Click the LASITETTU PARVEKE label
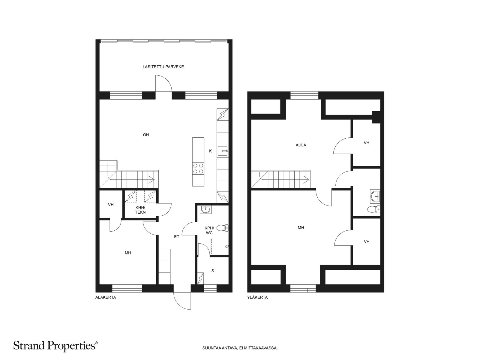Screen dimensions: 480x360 click(163, 67)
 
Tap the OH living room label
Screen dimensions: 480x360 click(146, 135)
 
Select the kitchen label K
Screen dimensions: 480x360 click(210, 151)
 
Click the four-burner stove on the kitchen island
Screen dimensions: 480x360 click(198, 168)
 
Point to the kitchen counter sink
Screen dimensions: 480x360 click(223, 151)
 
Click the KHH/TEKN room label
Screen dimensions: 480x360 click(140, 210)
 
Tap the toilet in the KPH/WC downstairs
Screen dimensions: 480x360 click(222, 228)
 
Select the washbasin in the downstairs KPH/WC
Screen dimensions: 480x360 click(205, 210)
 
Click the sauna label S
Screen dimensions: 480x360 click(213, 271)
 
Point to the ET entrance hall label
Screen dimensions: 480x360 click(177, 237)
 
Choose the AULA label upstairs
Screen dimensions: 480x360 click(301, 145)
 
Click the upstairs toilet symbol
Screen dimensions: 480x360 click(374, 209)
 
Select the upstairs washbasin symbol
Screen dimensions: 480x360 click(375, 196)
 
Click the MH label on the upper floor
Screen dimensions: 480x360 click(301, 228)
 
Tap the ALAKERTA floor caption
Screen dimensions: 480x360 click(106, 297)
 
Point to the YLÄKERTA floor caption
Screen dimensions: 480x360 click(257, 297)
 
